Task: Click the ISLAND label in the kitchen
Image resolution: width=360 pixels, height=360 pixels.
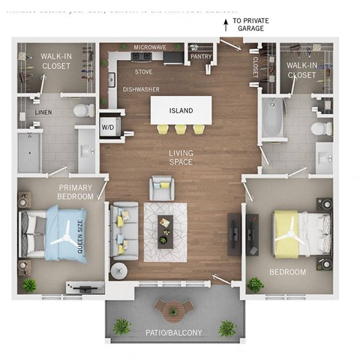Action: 181,111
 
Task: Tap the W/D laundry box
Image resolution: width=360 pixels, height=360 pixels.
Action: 108,127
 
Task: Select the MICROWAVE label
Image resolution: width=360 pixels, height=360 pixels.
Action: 150,47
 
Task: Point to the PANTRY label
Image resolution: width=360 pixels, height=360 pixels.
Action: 201,55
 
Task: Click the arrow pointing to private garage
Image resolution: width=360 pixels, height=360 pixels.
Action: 224,25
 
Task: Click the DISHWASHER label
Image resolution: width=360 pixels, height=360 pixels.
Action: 141,88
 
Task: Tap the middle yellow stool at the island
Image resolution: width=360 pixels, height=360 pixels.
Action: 181,129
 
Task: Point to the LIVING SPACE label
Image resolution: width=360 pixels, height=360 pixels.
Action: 180,157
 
